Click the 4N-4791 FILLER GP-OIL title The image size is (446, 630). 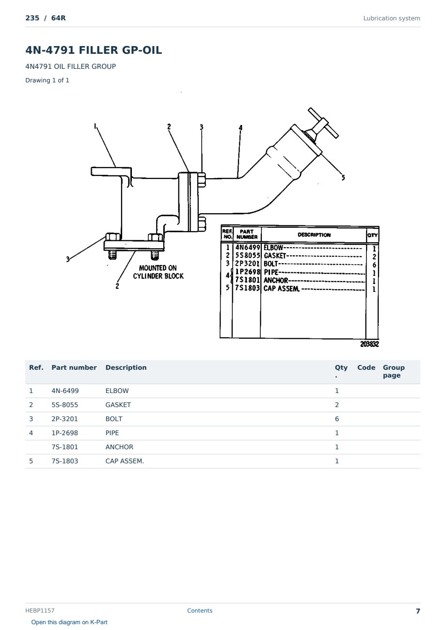tap(94, 50)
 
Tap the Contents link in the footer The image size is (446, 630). tap(200, 610)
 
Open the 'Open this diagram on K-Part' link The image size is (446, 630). tap(69, 622)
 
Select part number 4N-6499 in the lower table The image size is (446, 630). tap(65, 391)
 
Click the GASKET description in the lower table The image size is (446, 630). tap(118, 405)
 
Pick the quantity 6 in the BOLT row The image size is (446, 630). tap(337, 419)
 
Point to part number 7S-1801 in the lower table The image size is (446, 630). tap(65, 447)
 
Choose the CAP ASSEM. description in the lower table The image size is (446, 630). tap(125, 461)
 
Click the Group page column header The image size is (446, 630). tap(394, 371)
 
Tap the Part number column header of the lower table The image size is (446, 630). tap(74, 367)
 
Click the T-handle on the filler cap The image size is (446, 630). tap(323, 123)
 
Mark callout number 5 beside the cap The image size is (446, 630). tap(343, 178)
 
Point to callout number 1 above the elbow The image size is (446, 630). tap(95, 126)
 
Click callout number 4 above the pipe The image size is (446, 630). tap(240, 127)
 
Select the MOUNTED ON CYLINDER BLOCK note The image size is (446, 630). tap(158, 272)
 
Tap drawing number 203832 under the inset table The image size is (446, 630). tap(369, 344)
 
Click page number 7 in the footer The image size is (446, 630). tap(418, 611)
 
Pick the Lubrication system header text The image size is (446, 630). tap(392, 18)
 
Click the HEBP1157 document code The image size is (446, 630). tap(40, 610)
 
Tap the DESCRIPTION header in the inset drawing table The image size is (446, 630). tap(314, 235)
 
